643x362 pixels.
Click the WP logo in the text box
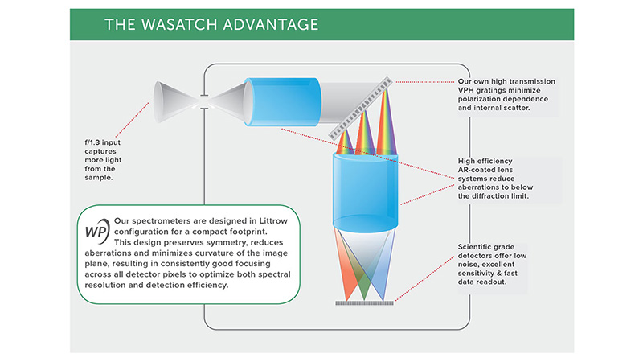click(x=97, y=229)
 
